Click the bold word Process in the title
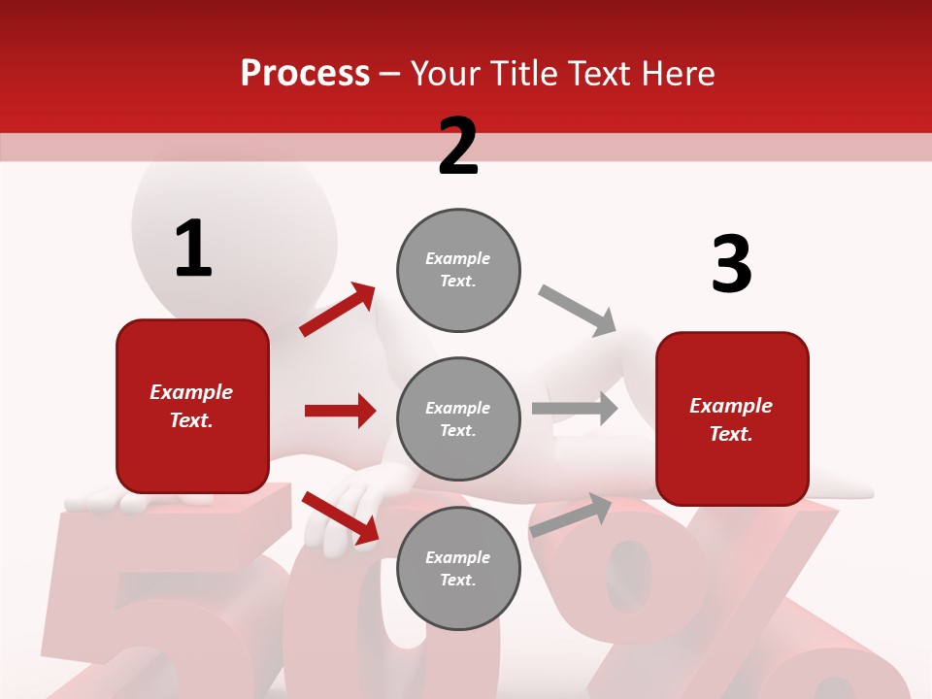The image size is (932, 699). pos(305,74)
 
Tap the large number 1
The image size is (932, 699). pos(193,249)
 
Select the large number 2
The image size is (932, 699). pos(458,147)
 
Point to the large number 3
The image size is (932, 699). pos(731,265)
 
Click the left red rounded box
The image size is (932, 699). pos(192,406)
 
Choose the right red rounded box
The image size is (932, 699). pos(732,418)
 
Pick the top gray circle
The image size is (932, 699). pos(458,270)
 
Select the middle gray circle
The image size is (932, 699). pos(458,418)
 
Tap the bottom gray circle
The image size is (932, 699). pos(458,568)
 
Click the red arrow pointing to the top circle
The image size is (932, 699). pos(338,310)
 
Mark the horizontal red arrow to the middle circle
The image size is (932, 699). pos(340,411)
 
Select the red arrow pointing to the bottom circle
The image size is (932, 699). pos(340,517)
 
